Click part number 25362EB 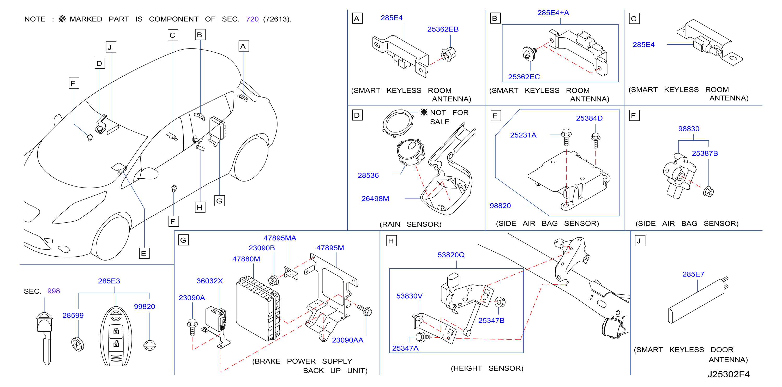click(443, 29)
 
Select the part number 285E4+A click(553, 13)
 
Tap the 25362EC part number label click(524, 77)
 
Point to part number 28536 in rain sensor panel click(368, 176)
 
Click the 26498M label click(375, 198)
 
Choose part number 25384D click(589, 118)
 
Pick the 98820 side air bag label click(500, 206)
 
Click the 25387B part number click(705, 153)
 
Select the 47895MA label click(280, 238)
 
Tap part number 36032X click(209, 281)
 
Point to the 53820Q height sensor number click(451, 255)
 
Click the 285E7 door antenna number click(693, 274)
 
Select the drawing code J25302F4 click(728, 374)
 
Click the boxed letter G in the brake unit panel click(183, 240)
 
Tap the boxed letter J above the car click(111, 47)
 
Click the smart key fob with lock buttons click(116, 336)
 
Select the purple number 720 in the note click(252, 19)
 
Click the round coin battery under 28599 click(78, 344)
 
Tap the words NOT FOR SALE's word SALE click(440, 122)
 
